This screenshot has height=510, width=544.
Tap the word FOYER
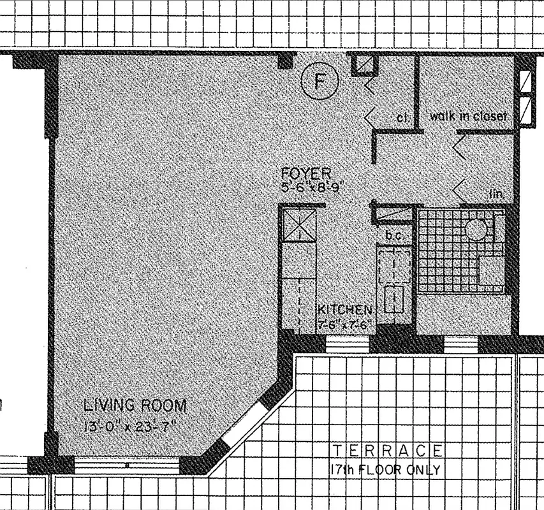pos(307,173)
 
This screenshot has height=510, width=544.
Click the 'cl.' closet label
pos(402,117)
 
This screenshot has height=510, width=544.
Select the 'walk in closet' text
pos(467,117)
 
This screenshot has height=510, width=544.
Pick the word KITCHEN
pos(345,310)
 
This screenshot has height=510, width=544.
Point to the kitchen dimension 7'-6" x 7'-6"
pos(345,323)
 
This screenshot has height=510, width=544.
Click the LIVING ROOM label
pos(135,405)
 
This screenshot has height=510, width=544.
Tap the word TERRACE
pos(387,451)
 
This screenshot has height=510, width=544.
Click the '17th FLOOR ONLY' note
pos(385,470)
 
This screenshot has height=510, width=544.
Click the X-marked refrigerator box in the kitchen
pos(299,225)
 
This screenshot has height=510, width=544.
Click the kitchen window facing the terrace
pos(348,344)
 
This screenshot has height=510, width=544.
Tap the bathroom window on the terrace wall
pos(461,344)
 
